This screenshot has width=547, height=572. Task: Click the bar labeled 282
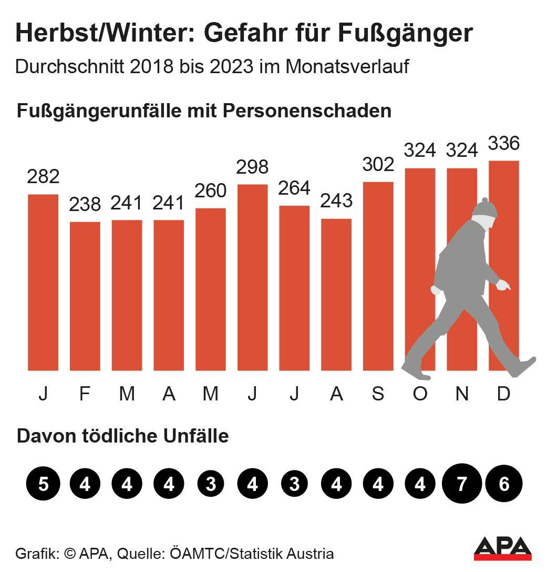coord(43,282)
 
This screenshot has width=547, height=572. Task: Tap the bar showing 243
coord(336,294)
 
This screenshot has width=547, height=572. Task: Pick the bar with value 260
coord(211,289)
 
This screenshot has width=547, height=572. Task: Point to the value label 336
coord(504,143)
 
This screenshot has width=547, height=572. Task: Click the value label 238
coord(85,204)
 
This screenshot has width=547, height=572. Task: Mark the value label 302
coord(378,165)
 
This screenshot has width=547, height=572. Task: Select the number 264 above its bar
coord(294,188)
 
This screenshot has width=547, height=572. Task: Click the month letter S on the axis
coord(378,394)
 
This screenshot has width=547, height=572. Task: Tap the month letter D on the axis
coord(504,394)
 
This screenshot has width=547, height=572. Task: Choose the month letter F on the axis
coord(85,394)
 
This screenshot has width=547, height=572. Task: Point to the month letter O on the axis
coord(420,394)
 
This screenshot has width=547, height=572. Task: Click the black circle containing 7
coord(462,484)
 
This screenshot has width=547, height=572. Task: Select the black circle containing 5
coord(43,484)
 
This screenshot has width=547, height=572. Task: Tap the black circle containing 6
coord(504,484)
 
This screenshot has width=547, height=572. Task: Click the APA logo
coord(502,548)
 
